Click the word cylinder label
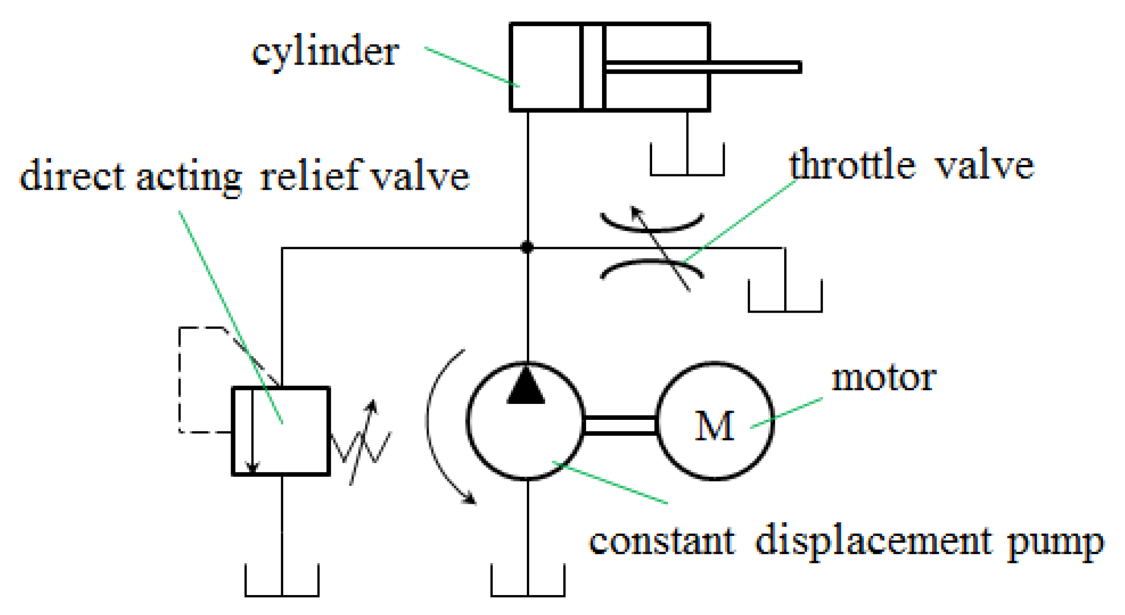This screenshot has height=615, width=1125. click(x=325, y=52)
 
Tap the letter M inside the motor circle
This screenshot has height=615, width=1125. click(x=714, y=426)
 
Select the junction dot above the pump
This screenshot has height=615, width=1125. click(x=527, y=248)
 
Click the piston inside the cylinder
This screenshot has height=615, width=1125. click(x=592, y=67)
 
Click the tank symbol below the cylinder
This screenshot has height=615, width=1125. click(x=687, y=160)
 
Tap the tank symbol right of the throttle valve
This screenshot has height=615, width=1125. click(x=785, y=297)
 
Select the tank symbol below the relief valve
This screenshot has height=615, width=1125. click(x=282, y=581)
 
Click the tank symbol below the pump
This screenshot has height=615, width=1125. click(x=528, y=581)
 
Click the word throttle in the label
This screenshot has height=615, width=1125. click(x=852, y=166)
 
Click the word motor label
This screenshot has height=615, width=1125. click(x=883, y=379)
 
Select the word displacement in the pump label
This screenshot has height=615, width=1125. click(x=873, y=541)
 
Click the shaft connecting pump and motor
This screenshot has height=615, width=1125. click(x=621, y=425)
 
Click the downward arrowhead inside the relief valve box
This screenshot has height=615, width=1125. click(x=252, y=467)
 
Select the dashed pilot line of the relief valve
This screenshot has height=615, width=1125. click(x=180, y=379)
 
